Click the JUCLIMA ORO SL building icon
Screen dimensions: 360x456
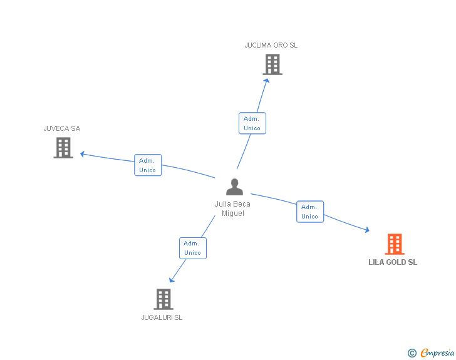pos(272,64)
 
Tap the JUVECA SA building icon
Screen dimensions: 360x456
pos(63,148)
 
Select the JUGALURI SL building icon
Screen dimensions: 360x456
pos(163,299)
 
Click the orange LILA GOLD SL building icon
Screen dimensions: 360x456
pos(394,244)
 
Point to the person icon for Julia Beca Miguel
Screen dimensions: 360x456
pos(234,187)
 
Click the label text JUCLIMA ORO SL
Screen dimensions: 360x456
pos(271,45)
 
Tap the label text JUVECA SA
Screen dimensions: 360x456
pos(62,128)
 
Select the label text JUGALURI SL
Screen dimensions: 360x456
pos(162,317)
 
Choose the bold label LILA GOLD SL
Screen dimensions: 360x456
pos(393,262)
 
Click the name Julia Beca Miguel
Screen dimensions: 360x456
pos(232,208)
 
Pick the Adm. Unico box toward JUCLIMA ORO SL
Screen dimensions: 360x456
pos(252,123)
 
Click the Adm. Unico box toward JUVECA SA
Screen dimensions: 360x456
pos(148,165)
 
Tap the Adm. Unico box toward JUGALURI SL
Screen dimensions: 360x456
pos(192,248)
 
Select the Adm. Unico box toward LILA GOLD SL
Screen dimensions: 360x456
pos(310,212)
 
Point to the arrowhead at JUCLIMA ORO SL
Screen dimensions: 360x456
pos(267,79)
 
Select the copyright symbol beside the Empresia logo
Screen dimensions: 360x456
pos(412,354)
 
